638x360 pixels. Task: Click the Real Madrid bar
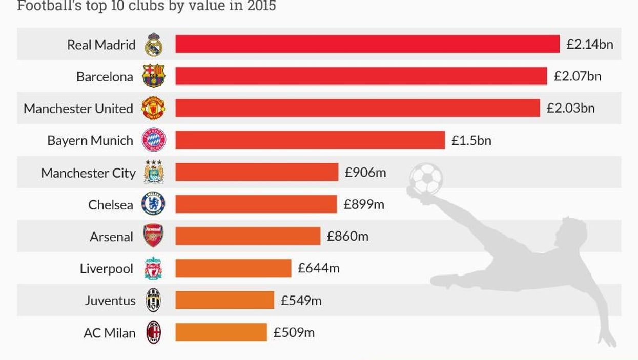[x=367, y=44]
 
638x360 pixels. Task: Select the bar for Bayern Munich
[x=310, y=140]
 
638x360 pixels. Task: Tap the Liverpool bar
[x=233, y=268]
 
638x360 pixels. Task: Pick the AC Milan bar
[x=221, y=332]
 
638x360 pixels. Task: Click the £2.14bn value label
[x=589, y=44]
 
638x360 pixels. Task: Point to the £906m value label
[x=365, y=173]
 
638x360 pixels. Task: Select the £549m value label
[x=301, y=301]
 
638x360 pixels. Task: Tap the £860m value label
[x=347, y=237]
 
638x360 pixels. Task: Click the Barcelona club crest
[x=153, y=76]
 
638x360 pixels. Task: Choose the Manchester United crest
[x=153, y=108]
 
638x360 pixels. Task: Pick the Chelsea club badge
[x=153, y=204]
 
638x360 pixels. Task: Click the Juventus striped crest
[x=153, y=301]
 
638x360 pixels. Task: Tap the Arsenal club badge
[x=153, y=236]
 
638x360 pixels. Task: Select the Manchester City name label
[x=88, y=173]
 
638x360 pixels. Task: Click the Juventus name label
[x=110, y=301]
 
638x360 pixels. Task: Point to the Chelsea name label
[x=111, y=205]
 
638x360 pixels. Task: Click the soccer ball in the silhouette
[x=426, y=178]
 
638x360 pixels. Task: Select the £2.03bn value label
[x=570, y=108]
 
